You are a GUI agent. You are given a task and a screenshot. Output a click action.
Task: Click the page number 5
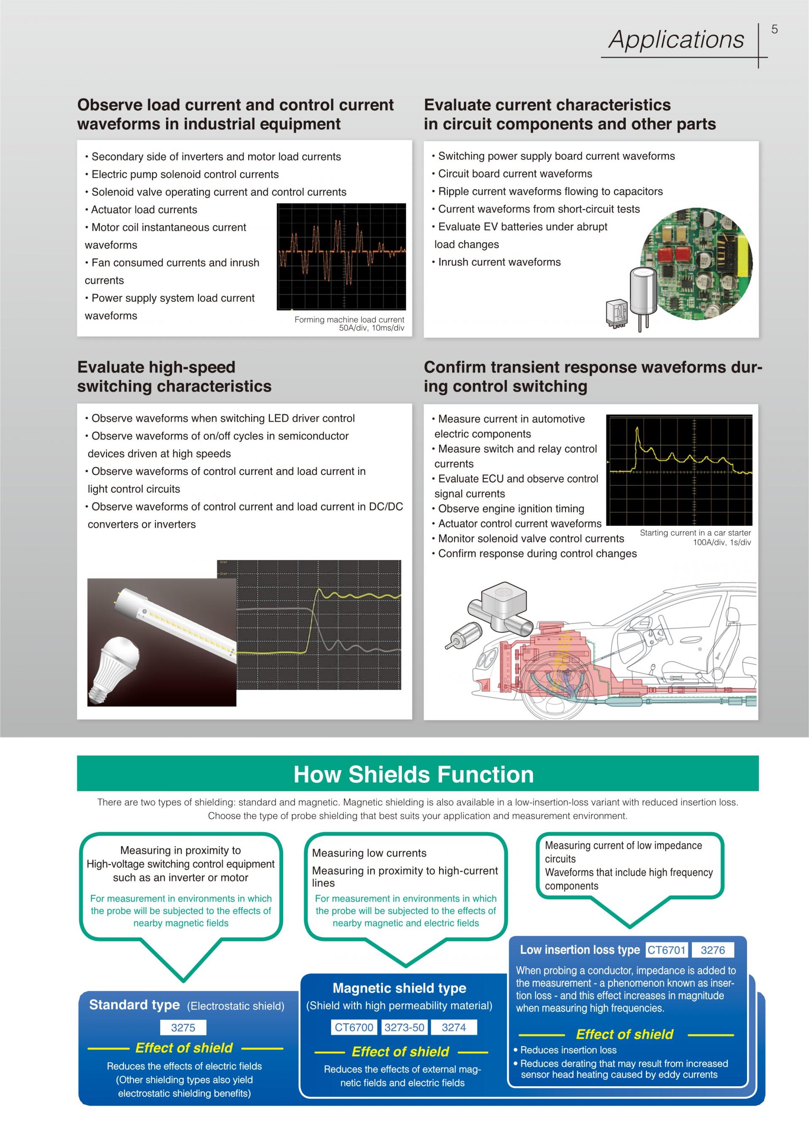pyautogui.click(x=774, y=29)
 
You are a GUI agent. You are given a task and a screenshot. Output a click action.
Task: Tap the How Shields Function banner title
pyautogui.click(x=413, y=775)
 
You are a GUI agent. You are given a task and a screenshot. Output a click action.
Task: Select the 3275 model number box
pyautogui.click(x=183, y=1028)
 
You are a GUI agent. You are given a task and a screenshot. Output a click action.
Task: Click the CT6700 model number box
pyautogui.click(x=354, y=1027)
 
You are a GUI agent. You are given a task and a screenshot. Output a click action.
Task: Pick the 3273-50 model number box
pyautogui.click(x=404, y=1027)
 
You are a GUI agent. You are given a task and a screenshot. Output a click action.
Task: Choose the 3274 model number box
pyautogui.click(x=453, y=1027)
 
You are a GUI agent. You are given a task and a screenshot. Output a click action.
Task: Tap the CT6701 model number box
pyautogui.click(x=666, y=950)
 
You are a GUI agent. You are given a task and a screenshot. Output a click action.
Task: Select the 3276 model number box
pyautogui.click(x=713, y=950)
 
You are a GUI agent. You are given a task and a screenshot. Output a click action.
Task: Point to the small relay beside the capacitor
pyautogui.click(x=616, y=313)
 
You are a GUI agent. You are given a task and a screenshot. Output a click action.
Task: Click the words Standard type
pyautogui.click(x=134, y=1005)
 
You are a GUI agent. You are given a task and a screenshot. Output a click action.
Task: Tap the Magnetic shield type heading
pyautogui.click(x=399, y=988)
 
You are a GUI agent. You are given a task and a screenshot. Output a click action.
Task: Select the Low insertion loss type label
pyautogui.click(x=580, y=950)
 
